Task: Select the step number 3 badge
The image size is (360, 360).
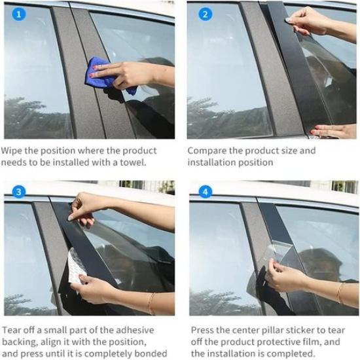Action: point(18,192)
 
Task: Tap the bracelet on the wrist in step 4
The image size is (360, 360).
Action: point(339,292)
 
